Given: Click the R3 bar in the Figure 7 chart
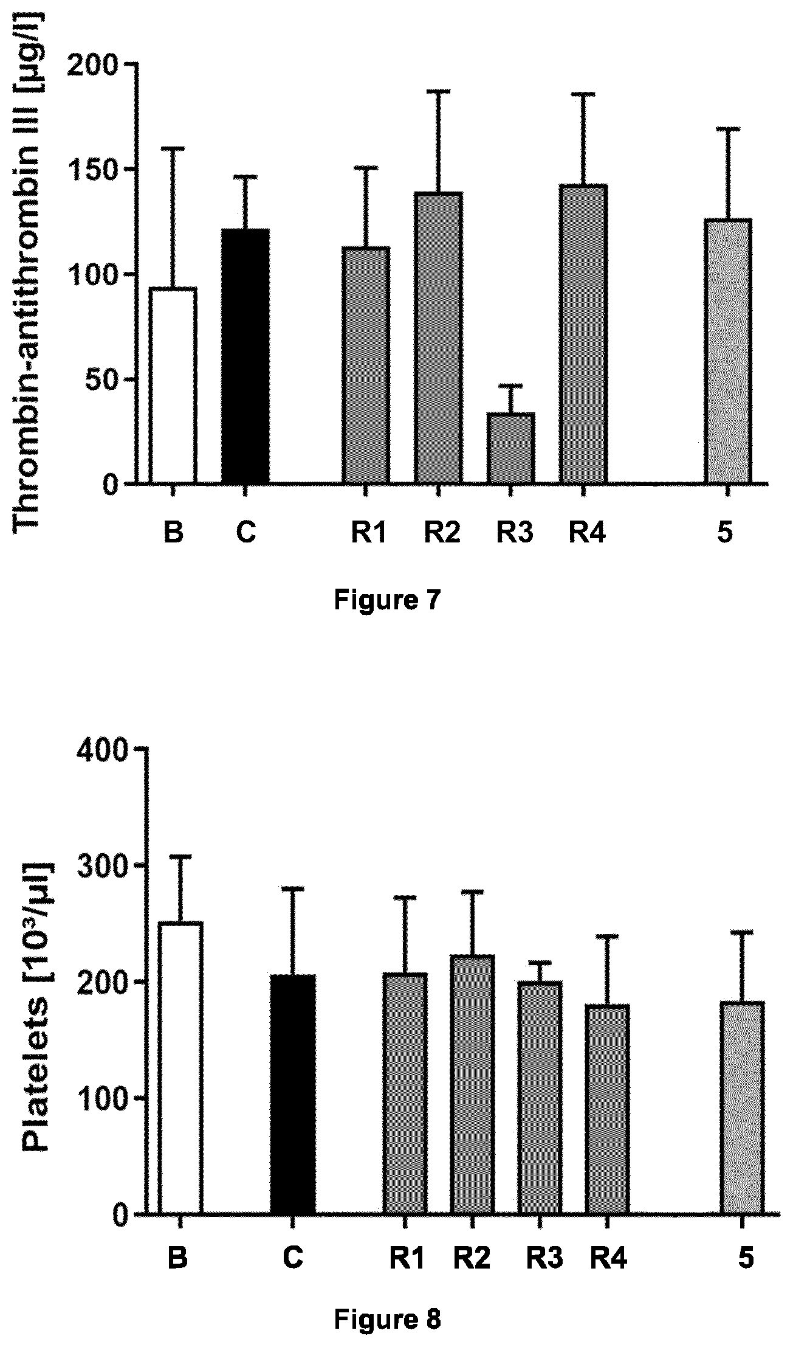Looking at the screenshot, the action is (510, 448).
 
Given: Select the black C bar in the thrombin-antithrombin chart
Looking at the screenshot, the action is (245, 356).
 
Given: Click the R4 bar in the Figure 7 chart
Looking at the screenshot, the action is (583, 334).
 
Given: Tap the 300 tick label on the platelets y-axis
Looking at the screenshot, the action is (103, 865).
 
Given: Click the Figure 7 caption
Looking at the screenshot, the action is (387, 601).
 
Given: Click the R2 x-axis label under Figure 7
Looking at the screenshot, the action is (442, 533).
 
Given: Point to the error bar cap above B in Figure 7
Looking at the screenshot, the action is (173, 148).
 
